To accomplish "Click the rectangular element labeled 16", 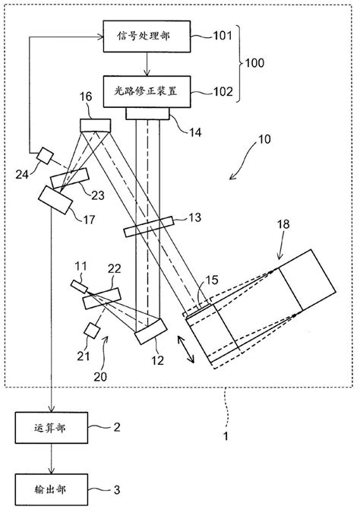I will (x=95, y=125).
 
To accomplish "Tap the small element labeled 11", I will (x=79, y=286).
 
